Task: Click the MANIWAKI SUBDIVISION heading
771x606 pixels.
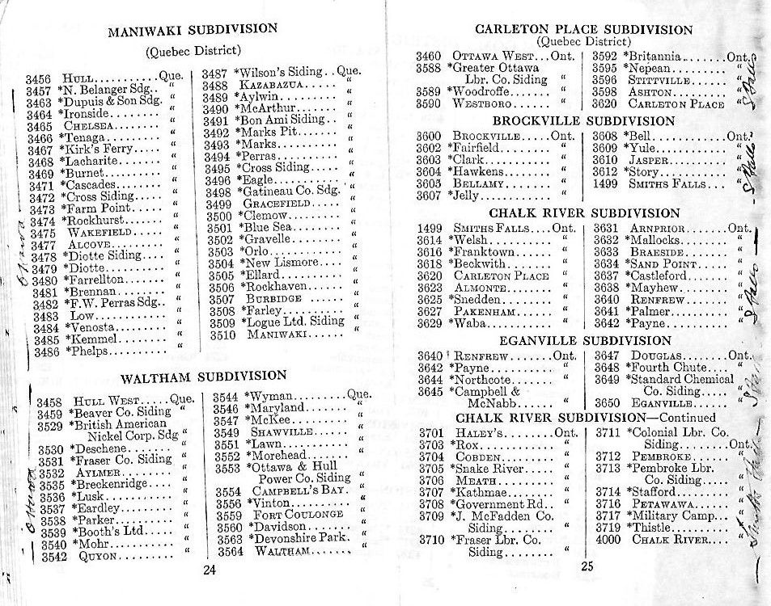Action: point(193,32)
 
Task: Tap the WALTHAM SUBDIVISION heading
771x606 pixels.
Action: point(203,376)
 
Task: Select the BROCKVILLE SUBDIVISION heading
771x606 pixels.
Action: point(583,121)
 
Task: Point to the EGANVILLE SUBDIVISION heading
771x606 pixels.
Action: point(584,341)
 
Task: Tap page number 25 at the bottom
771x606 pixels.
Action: point(587,566)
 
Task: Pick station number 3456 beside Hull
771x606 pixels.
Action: point(38,79)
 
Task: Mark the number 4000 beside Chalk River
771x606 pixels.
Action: point(607,539)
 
